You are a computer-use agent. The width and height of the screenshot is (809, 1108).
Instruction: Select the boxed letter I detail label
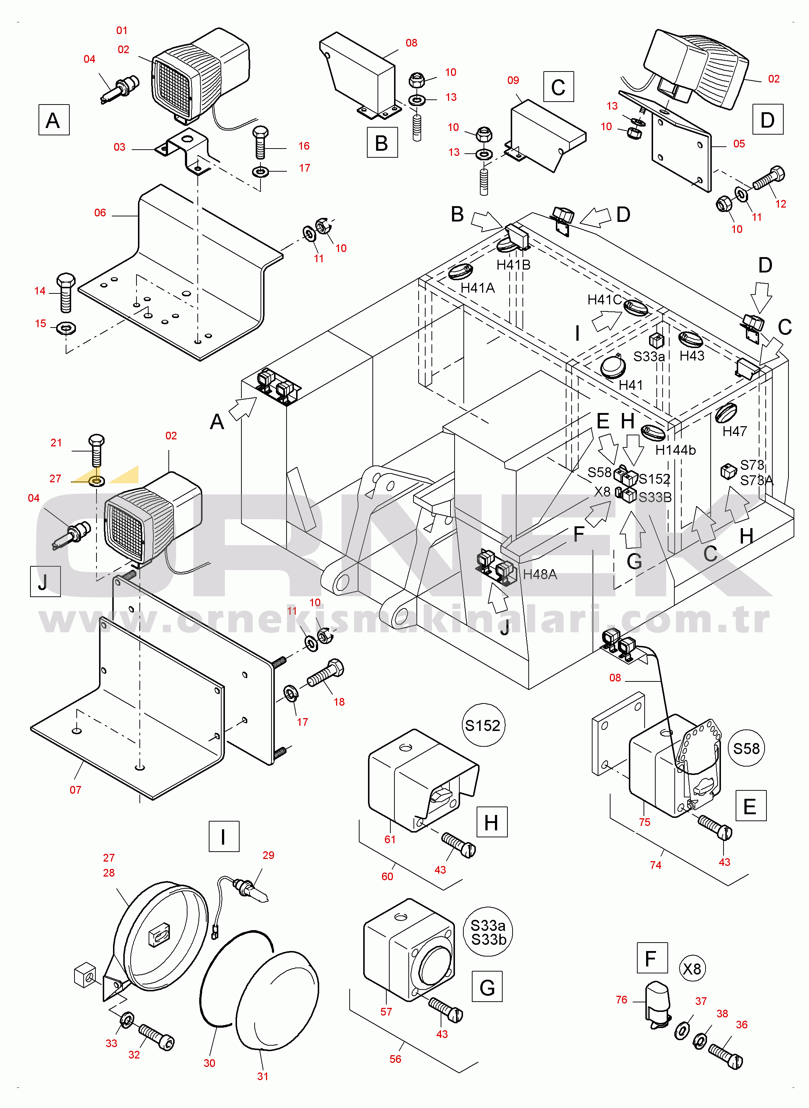[224, 836]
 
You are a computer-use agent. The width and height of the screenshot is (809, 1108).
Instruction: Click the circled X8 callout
[692, 969]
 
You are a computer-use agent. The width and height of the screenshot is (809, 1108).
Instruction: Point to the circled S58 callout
[746, 748]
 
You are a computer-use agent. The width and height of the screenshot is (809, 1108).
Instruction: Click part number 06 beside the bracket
[100, 212]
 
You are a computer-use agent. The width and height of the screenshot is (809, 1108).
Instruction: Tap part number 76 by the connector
[622, 999]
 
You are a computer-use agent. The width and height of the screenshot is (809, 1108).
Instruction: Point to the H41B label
[513, 265]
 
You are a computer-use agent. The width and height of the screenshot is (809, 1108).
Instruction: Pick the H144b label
[675, 450]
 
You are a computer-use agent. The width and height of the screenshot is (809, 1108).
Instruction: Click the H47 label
[735, 431]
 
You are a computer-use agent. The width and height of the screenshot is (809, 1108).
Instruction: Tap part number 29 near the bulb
[268, 855]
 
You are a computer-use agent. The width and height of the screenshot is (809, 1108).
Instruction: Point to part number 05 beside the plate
[739, 144]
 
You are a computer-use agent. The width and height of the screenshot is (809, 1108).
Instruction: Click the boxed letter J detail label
[45, 581]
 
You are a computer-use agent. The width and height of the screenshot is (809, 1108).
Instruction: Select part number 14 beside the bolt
[40, 291]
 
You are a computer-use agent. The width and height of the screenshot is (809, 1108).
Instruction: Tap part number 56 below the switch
[395, 1058]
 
